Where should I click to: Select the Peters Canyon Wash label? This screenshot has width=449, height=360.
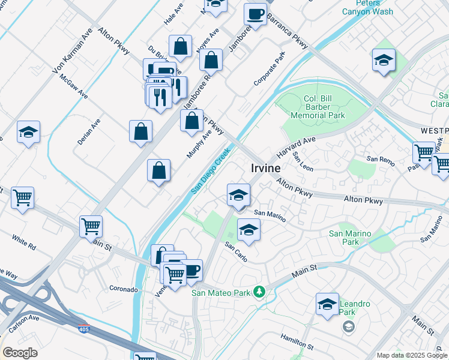coord(367,7)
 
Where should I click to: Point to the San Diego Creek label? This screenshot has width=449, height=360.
coord(211,171)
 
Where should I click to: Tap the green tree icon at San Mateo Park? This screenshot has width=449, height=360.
coord(259,292)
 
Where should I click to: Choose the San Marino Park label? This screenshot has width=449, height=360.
coord(350,238)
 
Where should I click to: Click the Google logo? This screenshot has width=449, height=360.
coord(20,353)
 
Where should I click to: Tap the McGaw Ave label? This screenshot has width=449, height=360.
coord(73,88)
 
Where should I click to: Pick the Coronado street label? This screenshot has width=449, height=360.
coord(124,289)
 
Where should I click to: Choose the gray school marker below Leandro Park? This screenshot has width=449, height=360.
coord(348,327)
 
